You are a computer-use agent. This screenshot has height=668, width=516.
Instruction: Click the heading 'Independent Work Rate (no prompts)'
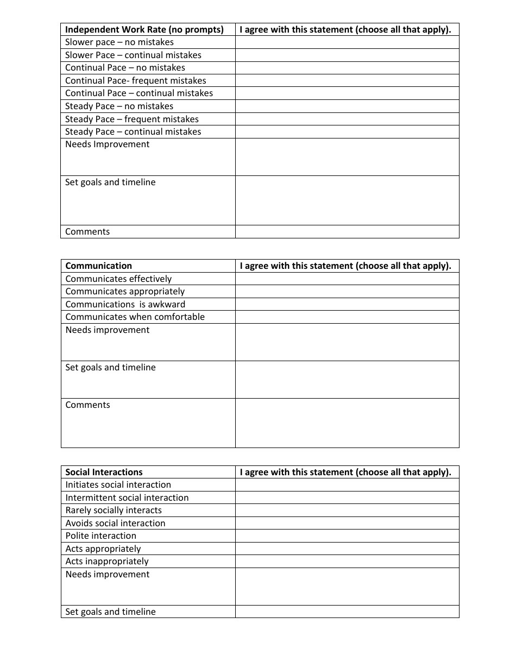click(x=144, y=29)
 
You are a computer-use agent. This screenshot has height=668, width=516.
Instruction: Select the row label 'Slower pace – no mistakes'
click(x=119, y=42)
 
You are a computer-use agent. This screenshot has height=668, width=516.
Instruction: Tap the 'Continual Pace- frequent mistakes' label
click(x=136, y=81)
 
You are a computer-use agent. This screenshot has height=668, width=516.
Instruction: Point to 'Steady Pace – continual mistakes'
click(x=133, y=132)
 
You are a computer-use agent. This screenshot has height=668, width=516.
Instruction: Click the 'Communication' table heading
click(x=99, y=266)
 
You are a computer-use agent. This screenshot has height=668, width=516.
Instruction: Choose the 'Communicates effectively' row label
click(x=118, y=279)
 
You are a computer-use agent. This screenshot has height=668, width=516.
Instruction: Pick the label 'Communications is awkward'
click(x=125, y=305)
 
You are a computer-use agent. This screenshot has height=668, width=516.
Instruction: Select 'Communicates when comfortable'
click(x=135, y=317)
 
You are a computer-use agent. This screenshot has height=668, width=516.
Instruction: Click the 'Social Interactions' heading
click(x=104, y=472)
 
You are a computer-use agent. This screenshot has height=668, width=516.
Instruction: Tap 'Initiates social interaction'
click(x=118, y=485)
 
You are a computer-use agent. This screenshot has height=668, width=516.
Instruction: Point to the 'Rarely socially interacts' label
click(x=114, y=511)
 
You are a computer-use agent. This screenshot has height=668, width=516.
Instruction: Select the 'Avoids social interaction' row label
click(x=115, y=524)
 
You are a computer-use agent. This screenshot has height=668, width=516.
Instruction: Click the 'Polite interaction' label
click(x=101, y=536)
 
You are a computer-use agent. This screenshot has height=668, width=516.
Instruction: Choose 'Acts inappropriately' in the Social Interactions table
click(x=107, y=562)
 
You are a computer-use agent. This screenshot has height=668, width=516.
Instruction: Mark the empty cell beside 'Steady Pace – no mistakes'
click(x=347, y=106)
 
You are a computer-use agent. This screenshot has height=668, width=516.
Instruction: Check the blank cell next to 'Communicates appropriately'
click(x=347, y=292)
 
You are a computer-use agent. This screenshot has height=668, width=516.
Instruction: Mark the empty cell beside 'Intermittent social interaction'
click(x=347, y=498)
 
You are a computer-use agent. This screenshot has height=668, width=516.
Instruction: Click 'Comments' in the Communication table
click(x=88, y=405)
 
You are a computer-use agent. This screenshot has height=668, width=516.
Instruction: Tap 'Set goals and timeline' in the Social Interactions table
click(x=111, y=612)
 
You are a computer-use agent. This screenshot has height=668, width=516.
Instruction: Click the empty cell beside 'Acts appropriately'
click(x=347, y=549)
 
